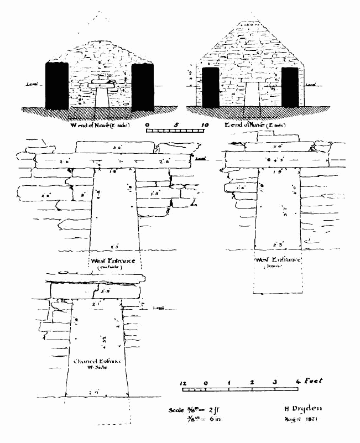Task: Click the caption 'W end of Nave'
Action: (100, 126)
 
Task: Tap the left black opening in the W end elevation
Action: (56, 86)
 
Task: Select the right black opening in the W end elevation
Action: (143, 86)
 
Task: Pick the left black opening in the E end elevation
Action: (211, 87)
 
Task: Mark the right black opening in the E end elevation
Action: (289, 87)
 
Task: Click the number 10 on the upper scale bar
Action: (205, 126)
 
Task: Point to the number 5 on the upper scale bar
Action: (176, 126)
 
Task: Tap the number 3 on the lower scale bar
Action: (275, 382)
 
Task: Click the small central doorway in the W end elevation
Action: (101, 97)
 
